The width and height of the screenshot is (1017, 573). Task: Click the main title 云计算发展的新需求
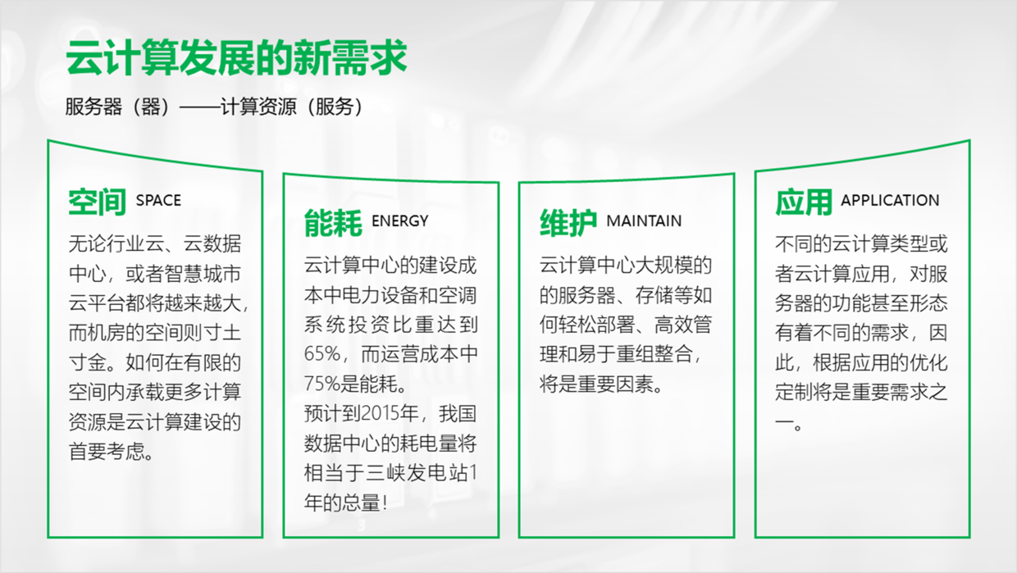[236, 57]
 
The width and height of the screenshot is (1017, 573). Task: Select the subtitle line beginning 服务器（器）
[214, 107]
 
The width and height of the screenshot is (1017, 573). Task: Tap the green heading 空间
[97, 202]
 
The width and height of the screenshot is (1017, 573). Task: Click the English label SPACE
[158, 201]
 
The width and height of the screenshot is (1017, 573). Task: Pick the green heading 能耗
[333, 222]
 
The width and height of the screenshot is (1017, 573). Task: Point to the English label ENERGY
[400, 221]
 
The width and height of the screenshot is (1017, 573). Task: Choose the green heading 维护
[568, 222]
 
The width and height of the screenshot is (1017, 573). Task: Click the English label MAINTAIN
[645, 221]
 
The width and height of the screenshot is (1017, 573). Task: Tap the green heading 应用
[804, 202]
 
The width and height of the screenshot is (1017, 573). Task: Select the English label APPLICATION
[890, 201]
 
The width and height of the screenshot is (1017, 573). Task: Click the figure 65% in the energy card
[322, 354]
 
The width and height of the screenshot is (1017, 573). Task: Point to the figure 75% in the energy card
[322, 384]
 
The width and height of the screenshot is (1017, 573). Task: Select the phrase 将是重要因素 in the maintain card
[596, 384]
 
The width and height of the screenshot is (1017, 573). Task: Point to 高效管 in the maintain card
[683, 325]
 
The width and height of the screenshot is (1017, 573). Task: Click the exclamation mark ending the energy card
[385, 503]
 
